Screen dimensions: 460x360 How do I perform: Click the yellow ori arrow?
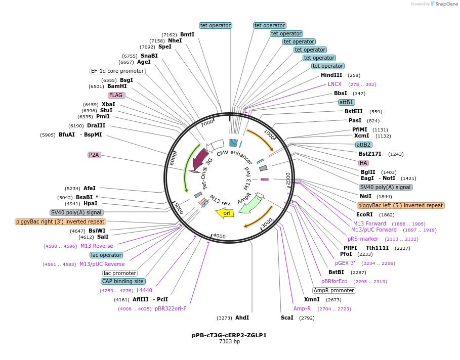point(226,213)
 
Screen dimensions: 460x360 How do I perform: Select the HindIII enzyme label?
point(331,75)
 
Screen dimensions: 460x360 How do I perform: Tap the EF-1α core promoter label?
point(117,71)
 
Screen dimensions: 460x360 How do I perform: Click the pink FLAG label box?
point(116,95)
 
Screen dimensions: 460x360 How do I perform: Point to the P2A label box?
point(94,155)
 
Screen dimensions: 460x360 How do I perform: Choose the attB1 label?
point(347,102)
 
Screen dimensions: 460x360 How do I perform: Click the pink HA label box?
point(363,163)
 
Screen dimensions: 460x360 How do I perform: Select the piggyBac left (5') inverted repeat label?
point(400,205)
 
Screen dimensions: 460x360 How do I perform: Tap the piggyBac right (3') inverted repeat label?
point(60,221)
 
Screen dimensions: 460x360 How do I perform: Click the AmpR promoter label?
point(334,290)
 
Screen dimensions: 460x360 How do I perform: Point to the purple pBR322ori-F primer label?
point(171,308)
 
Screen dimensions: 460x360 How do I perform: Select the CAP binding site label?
point(123,281)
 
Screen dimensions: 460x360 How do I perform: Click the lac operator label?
point(106,255)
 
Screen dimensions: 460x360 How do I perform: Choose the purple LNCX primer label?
point(334,84)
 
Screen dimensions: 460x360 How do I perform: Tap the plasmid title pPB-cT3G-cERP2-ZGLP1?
point(229,335)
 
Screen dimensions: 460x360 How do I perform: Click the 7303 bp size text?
point(229,342)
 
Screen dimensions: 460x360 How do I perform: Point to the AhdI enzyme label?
point(242,318)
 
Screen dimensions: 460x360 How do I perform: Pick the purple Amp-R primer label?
point(302,308)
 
